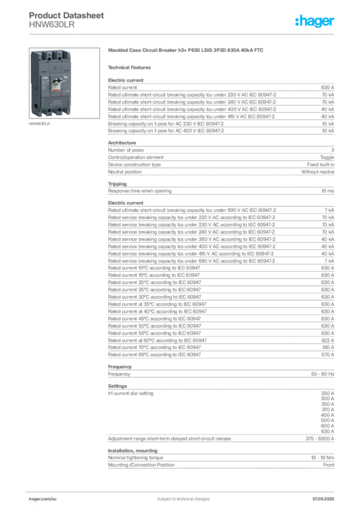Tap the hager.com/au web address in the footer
tap(40, 498)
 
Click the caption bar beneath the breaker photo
tap(39, 124)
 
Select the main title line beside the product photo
tap(187, 51)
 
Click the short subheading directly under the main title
tap(131, 68)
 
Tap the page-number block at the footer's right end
tap(326, 496)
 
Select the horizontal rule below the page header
tap(182, 34)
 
